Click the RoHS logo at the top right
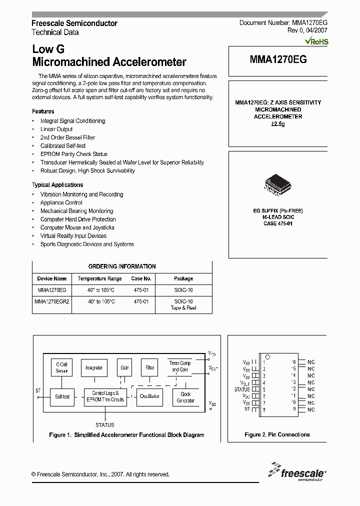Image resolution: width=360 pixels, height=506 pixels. pos(317,41)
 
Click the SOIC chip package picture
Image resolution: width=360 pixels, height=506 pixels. pos(278,184)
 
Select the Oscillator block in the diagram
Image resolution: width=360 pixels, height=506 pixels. pos(149,396)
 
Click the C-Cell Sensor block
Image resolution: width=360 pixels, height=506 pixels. pos(61,368)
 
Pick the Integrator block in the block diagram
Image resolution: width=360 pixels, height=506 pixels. pos(93,368)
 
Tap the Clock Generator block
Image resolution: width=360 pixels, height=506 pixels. pos(185,397)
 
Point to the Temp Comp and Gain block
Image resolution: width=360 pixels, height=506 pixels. pos(180,366)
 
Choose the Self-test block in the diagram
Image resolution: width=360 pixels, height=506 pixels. pos(61,396)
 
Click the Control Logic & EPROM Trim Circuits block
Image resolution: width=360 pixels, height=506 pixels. pos(105,396)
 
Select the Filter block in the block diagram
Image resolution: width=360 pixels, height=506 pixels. pos(149,367)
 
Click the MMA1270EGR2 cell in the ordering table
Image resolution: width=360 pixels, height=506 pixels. pos(52,301)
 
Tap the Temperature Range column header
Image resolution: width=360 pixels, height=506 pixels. pos(99,278)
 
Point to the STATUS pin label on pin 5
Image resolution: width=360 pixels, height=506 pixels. pos(242,389)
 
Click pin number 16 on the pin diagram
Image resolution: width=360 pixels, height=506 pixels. pos(293,362)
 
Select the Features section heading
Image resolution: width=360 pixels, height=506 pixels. pos(43,111)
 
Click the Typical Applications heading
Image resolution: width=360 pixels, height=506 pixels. pos(57,185)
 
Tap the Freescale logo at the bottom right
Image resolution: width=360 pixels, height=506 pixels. pos(297,471)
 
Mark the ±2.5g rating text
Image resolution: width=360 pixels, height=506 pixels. pos(277,123)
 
